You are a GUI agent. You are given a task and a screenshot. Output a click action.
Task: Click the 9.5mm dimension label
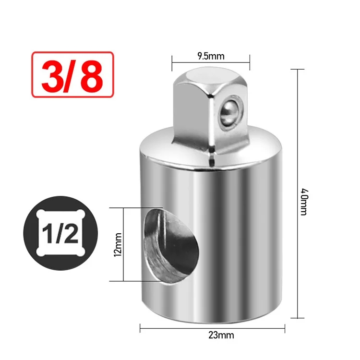[211, 56]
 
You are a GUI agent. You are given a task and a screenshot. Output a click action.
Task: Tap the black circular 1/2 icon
[60, 233]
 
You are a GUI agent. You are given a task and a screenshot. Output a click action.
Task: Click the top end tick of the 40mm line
[298, 69]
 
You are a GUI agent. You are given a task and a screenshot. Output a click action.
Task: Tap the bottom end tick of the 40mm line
[298, 317]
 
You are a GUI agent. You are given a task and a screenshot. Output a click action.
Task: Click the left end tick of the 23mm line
[140, 328]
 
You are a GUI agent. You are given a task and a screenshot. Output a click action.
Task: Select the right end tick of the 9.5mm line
[250, 62]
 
